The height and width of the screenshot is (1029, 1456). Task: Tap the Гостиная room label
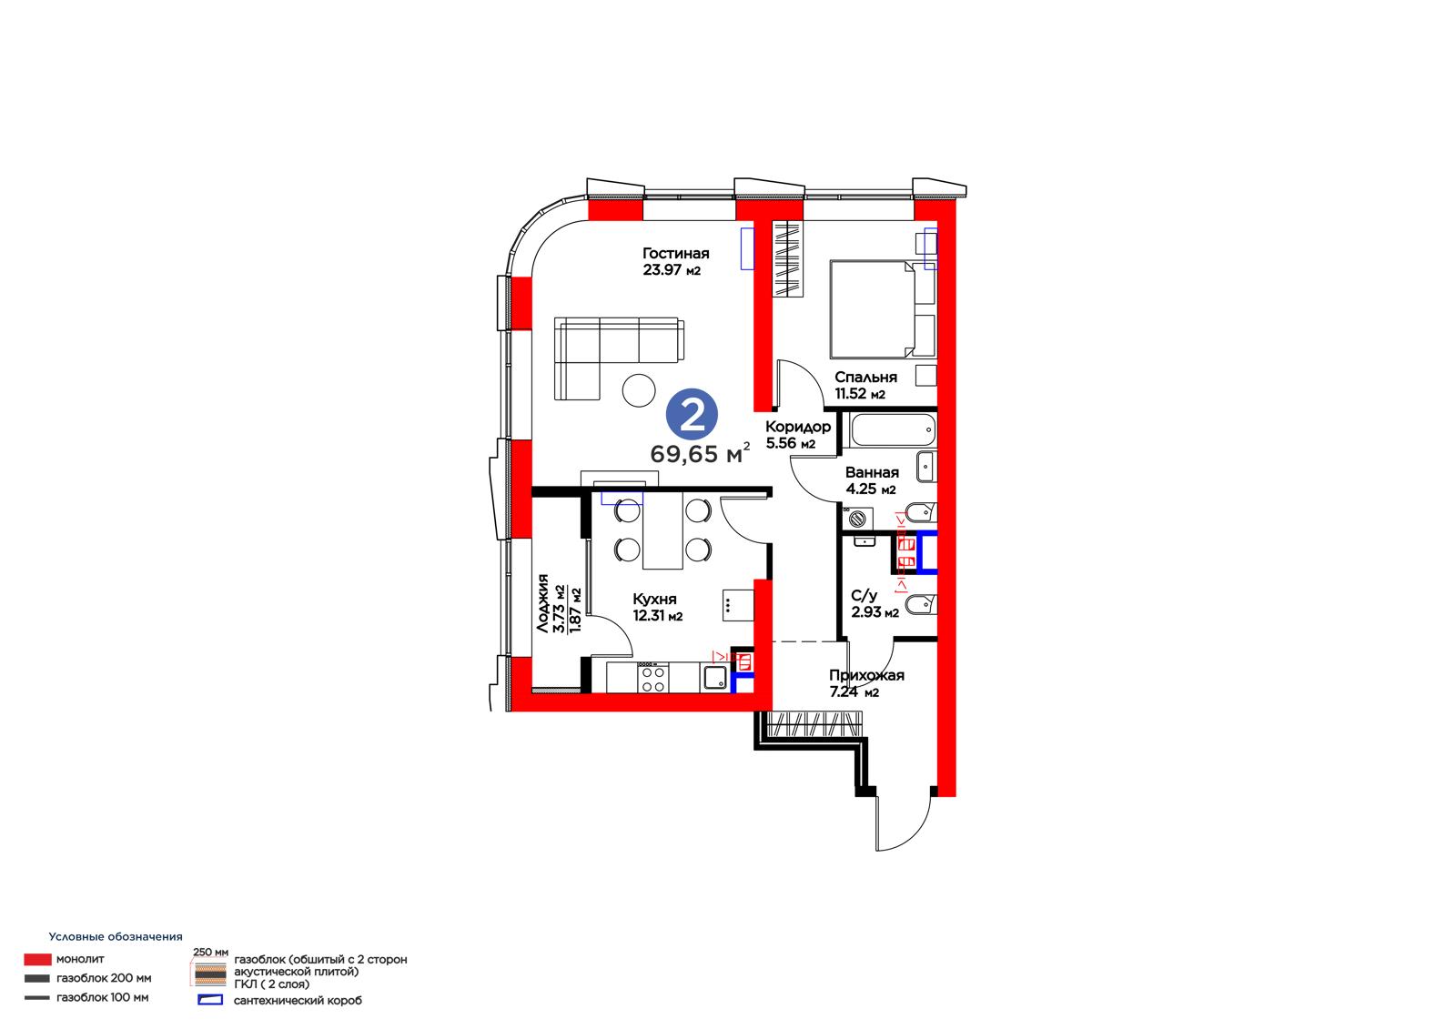click(675, 253)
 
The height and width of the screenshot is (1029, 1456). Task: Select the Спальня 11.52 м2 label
click(865, 386)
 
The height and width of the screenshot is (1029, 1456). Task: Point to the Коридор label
click(797, 427)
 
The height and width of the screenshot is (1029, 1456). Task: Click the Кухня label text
click(654, 599)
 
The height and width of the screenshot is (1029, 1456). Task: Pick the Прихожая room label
click(866, 675)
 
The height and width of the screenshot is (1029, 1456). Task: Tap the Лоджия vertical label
click(542, 603)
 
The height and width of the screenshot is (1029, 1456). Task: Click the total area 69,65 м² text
click(700, 453)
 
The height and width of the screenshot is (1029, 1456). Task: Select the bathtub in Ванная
click(893, 429)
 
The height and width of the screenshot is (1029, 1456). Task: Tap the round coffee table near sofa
click(638, 390)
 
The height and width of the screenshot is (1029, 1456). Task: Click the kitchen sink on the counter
click(715, 678)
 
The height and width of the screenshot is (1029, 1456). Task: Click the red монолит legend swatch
click(37, 960)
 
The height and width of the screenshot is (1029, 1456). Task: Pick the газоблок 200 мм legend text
click(104, 978)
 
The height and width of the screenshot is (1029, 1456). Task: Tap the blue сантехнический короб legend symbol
click(210, 1000)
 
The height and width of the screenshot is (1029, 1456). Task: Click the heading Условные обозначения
click(116, 937)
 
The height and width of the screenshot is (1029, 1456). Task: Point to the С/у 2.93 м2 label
click(875, 604)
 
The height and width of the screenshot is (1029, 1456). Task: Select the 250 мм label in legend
click(210, 953)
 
